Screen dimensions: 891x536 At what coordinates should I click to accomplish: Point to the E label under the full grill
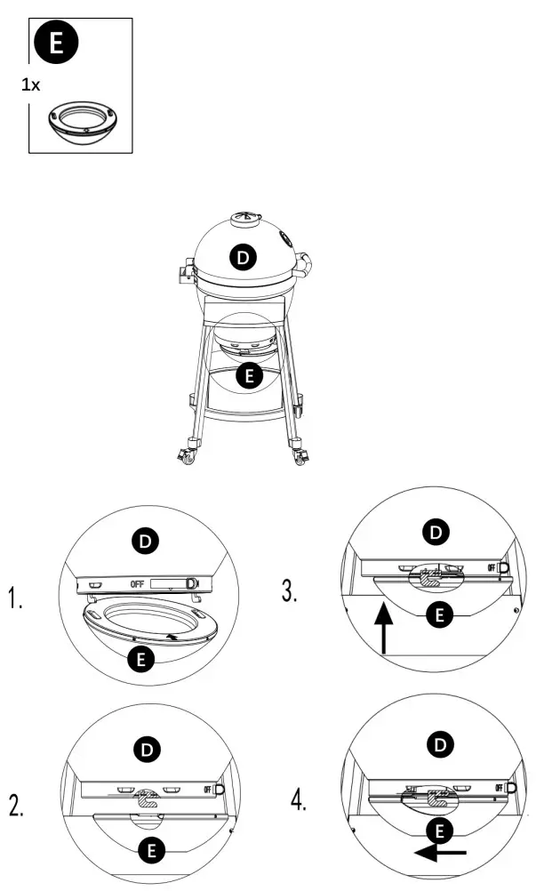tap(252, 376)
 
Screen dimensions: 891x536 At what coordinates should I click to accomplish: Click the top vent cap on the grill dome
tap(243, 219)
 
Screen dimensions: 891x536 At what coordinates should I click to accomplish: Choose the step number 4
tap(300, 799)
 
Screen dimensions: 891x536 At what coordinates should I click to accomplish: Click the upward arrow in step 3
tap(382, 629)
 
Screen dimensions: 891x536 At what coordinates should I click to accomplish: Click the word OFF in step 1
tap(137, 584)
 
